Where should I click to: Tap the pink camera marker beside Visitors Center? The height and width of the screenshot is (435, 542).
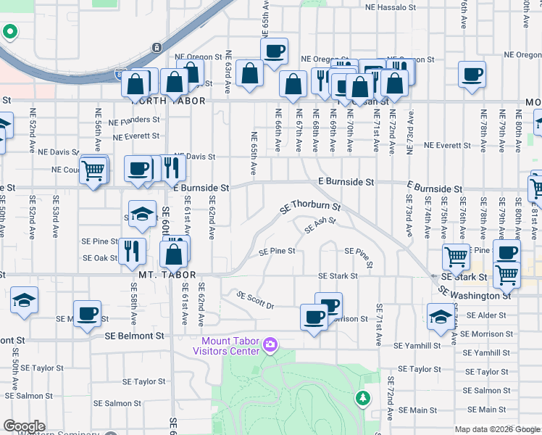pos(270,342)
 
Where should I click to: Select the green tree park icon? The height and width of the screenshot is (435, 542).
pos(362,398)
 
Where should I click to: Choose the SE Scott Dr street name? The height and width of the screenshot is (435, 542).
pos(256,301)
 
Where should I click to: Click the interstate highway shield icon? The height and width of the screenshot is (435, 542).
pos(156,48)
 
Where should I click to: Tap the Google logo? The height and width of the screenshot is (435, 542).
pos(24,426)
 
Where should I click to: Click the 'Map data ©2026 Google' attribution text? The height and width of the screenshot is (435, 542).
pos(497,429)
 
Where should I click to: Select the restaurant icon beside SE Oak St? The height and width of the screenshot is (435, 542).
pos(130,250)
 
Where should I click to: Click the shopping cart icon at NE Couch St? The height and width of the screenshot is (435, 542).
pos(93,171)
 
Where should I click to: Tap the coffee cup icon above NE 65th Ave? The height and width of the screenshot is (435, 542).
pos(274,51)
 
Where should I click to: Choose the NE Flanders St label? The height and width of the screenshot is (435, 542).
pos(135,120)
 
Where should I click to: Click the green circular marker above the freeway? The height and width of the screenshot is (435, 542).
pos(10,33)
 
